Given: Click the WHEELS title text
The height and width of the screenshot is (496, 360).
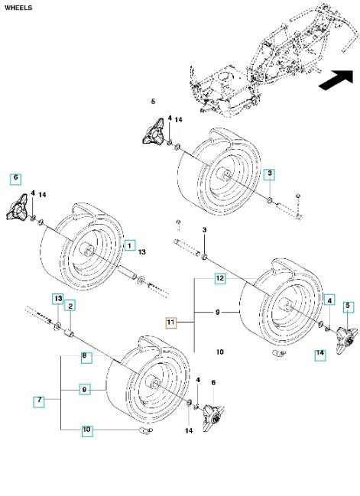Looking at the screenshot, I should [x=18, y=8].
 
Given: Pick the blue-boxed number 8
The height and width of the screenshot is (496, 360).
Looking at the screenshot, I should [x=86, y=356].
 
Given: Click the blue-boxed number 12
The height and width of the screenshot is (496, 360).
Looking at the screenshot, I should [x=219, y=279].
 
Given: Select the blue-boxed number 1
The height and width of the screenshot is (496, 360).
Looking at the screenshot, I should [x=131, y=245].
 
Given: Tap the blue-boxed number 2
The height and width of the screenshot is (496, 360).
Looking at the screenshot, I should [x=70, y=306].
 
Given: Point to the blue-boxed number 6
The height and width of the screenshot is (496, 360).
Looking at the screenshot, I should [x=15, y=178].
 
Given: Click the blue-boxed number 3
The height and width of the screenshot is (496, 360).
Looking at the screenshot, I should [x=270, y=174].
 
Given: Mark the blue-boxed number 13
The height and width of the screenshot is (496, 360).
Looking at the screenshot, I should [x=57, y=297].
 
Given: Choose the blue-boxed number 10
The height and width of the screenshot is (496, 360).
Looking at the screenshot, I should [x=86, y=430].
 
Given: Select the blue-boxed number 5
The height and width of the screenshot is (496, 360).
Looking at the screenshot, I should [x=348, y=306].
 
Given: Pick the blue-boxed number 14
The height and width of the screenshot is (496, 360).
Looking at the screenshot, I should [x=320, y=353].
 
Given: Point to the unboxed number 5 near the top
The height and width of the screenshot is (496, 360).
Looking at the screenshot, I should [x=153, y=102].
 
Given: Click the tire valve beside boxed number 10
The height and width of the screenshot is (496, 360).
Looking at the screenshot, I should [x=144, y=433].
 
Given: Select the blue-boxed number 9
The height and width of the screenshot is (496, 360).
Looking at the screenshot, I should [x=86, y=389].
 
